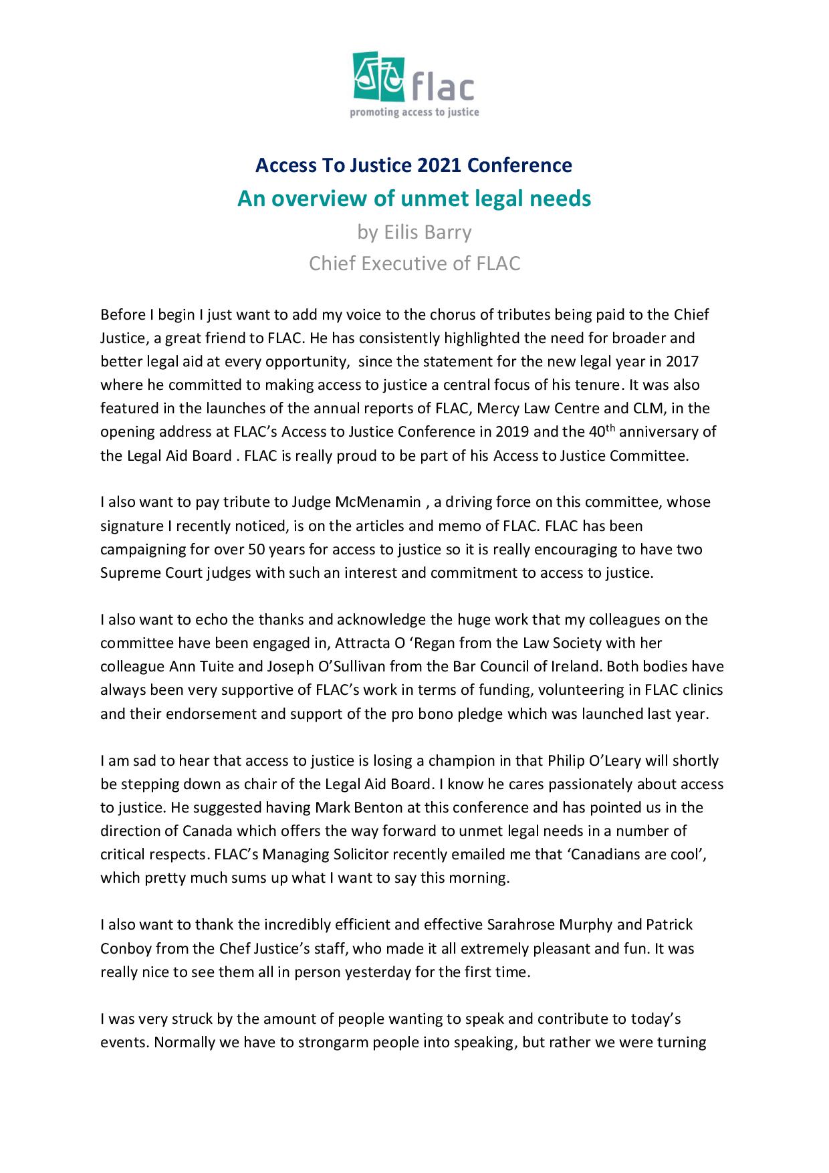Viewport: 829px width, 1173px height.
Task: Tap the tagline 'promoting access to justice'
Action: pos(414,112)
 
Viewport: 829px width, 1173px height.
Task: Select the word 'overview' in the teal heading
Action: pos(332,199)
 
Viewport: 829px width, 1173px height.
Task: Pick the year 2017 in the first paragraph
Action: pos(683,362)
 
